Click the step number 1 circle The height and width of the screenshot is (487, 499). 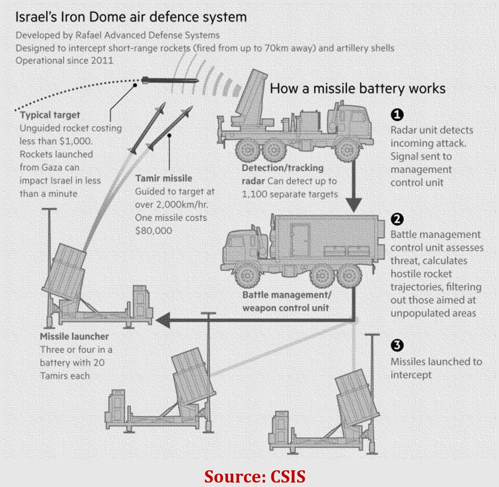pos(397,114)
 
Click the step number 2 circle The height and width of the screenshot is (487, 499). pos(397,219)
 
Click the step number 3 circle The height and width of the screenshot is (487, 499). pos(397,345)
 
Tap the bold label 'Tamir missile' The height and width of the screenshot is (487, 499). pos(163,178)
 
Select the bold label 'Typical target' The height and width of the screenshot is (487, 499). pos(50,115)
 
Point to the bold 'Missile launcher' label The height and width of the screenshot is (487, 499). pos(74,336)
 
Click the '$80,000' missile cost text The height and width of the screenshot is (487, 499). pos(154,231)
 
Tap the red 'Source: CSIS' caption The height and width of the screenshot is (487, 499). pos(255,476)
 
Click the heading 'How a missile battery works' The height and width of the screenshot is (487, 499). pos(358,88)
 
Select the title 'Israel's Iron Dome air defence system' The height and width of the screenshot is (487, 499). pos(131,17)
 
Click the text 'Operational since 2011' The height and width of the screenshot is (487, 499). pos(64,60)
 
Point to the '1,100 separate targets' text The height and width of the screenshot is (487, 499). pos(290,194)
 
